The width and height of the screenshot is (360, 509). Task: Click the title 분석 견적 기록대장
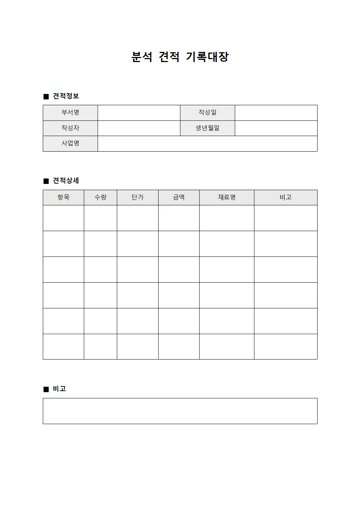[x=180, y=57]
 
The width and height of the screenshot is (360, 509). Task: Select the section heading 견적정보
[x=66, y=96]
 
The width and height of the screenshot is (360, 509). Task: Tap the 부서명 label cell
[x=70, y=113]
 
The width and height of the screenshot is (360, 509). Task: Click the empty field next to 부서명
[x=139, y=113]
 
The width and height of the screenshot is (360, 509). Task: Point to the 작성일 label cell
[x=208, y=113]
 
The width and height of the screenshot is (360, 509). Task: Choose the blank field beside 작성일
[x=276, y=113]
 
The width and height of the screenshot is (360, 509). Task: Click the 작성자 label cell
[x=70, y=128]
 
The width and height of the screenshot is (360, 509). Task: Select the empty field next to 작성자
[x=139, y=128]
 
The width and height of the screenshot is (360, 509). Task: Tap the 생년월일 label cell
[x=208, y=128]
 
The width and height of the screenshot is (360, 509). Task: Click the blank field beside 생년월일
[x=276, y=128]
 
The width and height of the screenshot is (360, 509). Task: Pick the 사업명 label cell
[x=70, y=144]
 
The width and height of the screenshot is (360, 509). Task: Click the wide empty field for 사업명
[x=208, y=144]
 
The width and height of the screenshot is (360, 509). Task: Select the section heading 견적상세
[x=66, y=181]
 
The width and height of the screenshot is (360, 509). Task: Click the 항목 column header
[x=64, y=197]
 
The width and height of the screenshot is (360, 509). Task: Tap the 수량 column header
[x=101, y=197]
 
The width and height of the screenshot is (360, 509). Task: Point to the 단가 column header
[x=138, y=197]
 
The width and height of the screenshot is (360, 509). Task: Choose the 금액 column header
[x=179, y=197]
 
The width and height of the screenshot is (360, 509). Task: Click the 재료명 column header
[x=227, y=197]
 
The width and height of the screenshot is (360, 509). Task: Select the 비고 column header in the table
[x=286, y=197]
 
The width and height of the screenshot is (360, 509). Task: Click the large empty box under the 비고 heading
[x=180, y=411]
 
